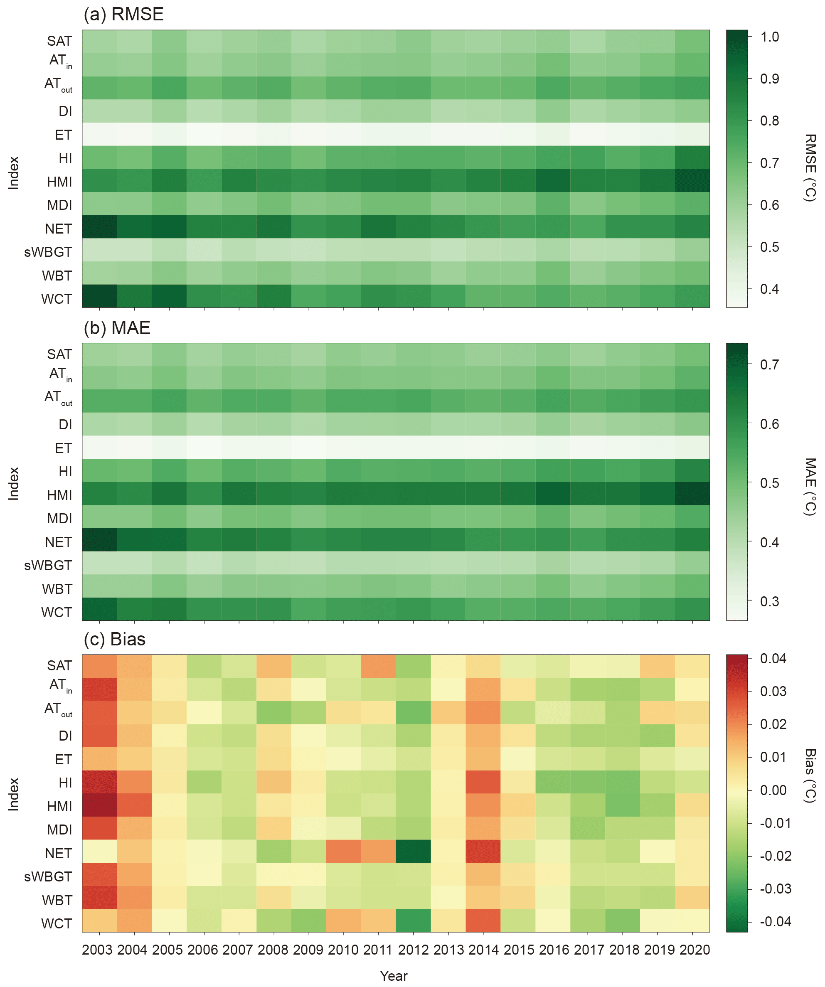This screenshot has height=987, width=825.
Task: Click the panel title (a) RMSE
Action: (x=123, y=15)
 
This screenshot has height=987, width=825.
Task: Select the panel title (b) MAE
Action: (x=117, y=328)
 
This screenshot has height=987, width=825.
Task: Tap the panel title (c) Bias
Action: (x=114, y=639)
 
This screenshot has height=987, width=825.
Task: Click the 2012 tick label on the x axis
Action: (x=413, y=950)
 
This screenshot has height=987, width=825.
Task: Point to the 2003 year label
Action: (x=97, y=950)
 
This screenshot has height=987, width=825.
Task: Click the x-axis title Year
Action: (x=394, y=976)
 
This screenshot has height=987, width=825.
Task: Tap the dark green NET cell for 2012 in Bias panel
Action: (x=413, y=851)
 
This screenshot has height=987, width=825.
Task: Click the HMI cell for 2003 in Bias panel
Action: (x=99, y=805)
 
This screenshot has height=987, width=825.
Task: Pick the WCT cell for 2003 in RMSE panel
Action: (x=99, y=296)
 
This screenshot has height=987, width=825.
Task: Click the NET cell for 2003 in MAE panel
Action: (x=99, y=539)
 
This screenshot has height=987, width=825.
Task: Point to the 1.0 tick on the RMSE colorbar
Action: (x=770, y=37)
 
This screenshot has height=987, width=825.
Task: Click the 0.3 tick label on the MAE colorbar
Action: (x=770, y=601)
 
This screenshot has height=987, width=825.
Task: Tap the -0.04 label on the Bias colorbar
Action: (x=775, y=921)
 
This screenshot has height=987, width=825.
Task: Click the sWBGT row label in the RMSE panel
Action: (x=48, y=252)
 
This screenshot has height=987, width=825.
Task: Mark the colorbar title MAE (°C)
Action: (x=810, y=487)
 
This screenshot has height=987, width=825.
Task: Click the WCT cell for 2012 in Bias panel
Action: (x=413, y=920)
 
